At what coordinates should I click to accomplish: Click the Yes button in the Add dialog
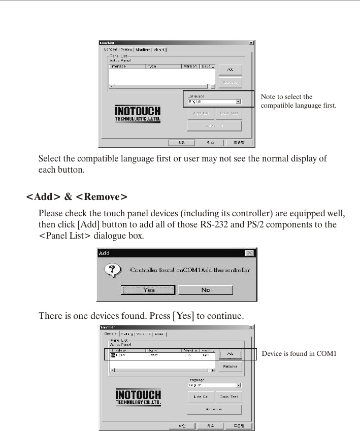click(x=148, y=290)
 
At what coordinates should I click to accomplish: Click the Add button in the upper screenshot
click(x=230, y=70)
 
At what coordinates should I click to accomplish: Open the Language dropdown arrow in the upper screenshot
click(x=238, y=102)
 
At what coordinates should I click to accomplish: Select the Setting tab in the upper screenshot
click(x=126, y=49)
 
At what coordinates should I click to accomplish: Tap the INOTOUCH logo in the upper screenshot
click(x=138, y=114)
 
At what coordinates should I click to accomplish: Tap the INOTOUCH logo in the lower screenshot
click(x=138, y=397)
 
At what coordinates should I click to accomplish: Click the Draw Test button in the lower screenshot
click(x=229, y=396)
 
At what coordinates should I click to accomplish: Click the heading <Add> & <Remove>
click(x=76, y=196)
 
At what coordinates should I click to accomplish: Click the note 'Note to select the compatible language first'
click(x=298, y=102)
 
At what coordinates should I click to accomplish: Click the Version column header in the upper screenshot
click(x=190, y=67)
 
